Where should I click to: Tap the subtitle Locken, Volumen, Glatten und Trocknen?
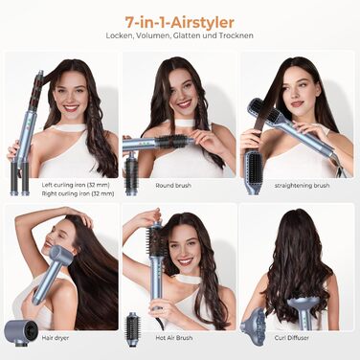click(x=180, y=34)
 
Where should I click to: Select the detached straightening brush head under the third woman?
click(x=254, y=169)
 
